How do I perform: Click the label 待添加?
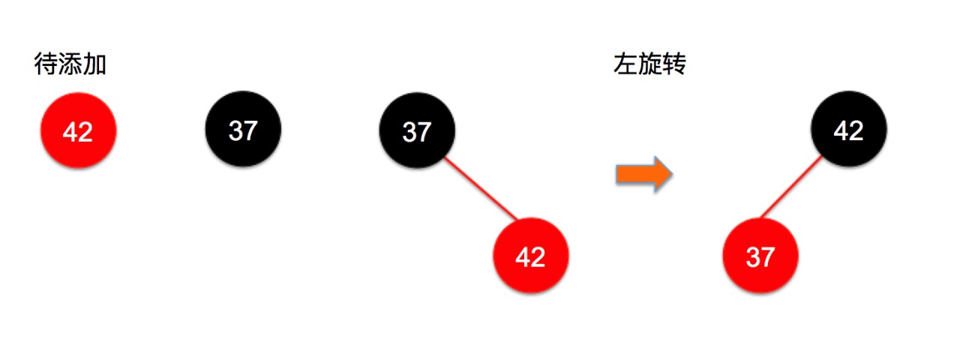click(x=70, y=65)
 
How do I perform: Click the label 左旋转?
click(x=649, y=65)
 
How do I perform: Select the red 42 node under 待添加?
click(x=78, y=132)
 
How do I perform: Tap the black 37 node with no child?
click(x=243, y=130)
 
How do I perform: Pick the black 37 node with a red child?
click(x=416, y=132)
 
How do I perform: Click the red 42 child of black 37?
click(x=530, y=256)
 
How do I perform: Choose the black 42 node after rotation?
click(x=848, y=130)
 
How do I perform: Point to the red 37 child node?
click(x=760, y=256)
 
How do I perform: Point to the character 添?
click(x=70, y=65)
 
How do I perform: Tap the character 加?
click(x=94, y=65)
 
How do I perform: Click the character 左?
click(x=625, y=65)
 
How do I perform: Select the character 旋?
click(x=649, y=65)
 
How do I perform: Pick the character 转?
click(x=673, y=65)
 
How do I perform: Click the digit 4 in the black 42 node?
click(x=841, y=131)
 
